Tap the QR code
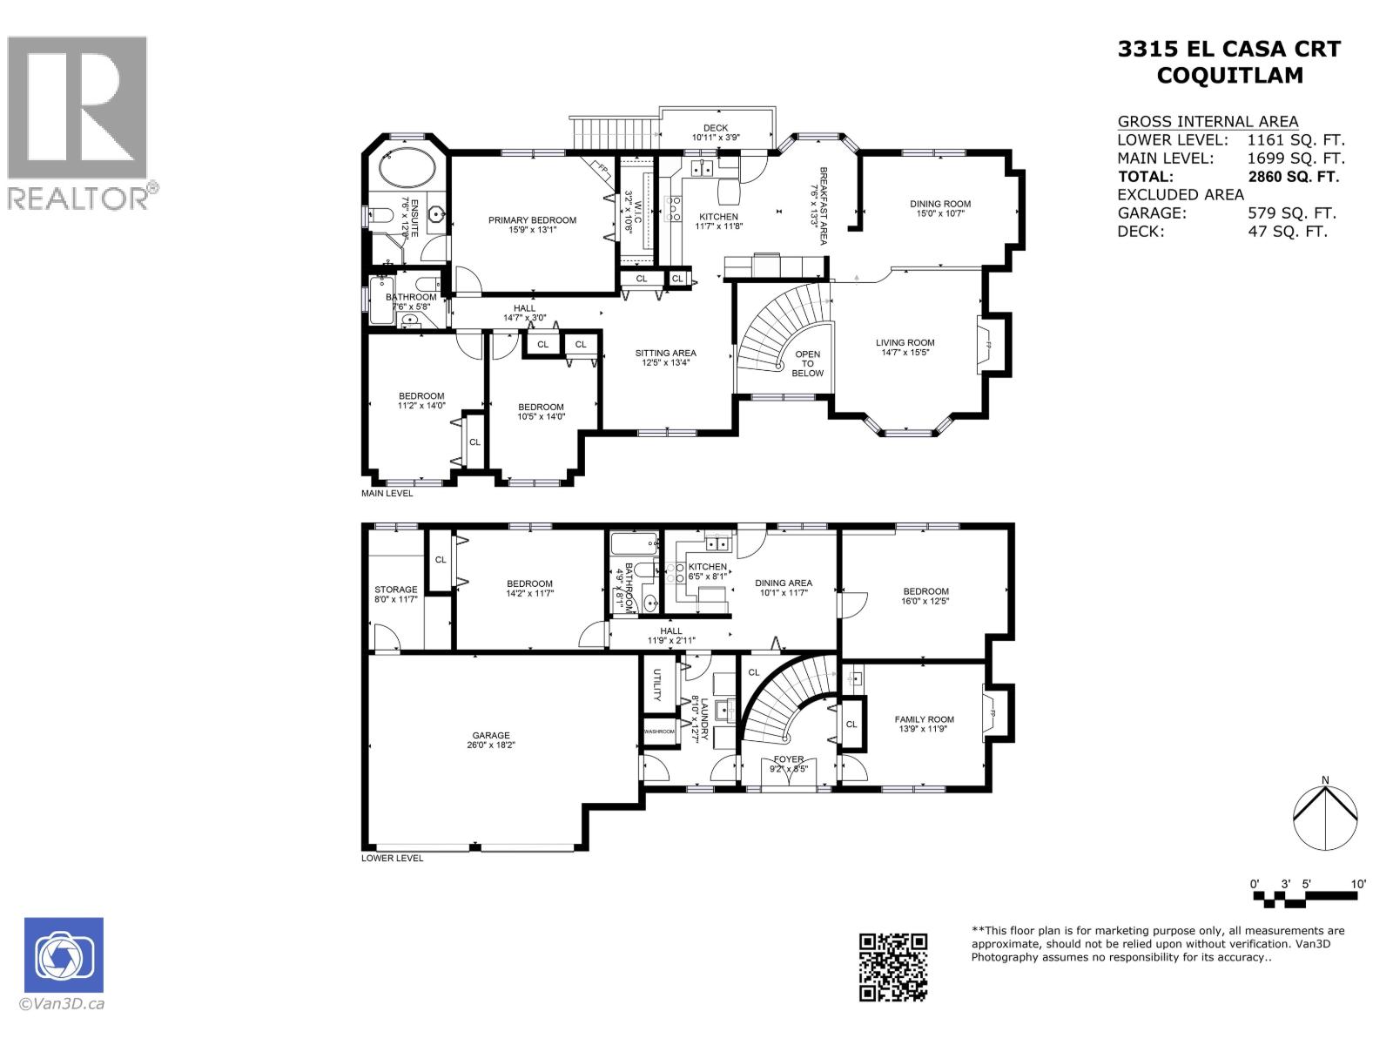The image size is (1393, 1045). (x=893, y=967)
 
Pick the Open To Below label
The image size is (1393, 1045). (x=807, y=364)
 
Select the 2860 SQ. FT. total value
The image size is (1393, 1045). (x=1293, y=177)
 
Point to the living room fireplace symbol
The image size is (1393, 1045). (x=988, y=345)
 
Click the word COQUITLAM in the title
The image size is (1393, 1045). (x=1229, y=76)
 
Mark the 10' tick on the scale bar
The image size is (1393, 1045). (x=1359, y=884)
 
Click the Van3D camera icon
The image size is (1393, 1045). (x=64, y=954)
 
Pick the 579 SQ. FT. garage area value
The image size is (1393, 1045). (x=1291, y=213)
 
